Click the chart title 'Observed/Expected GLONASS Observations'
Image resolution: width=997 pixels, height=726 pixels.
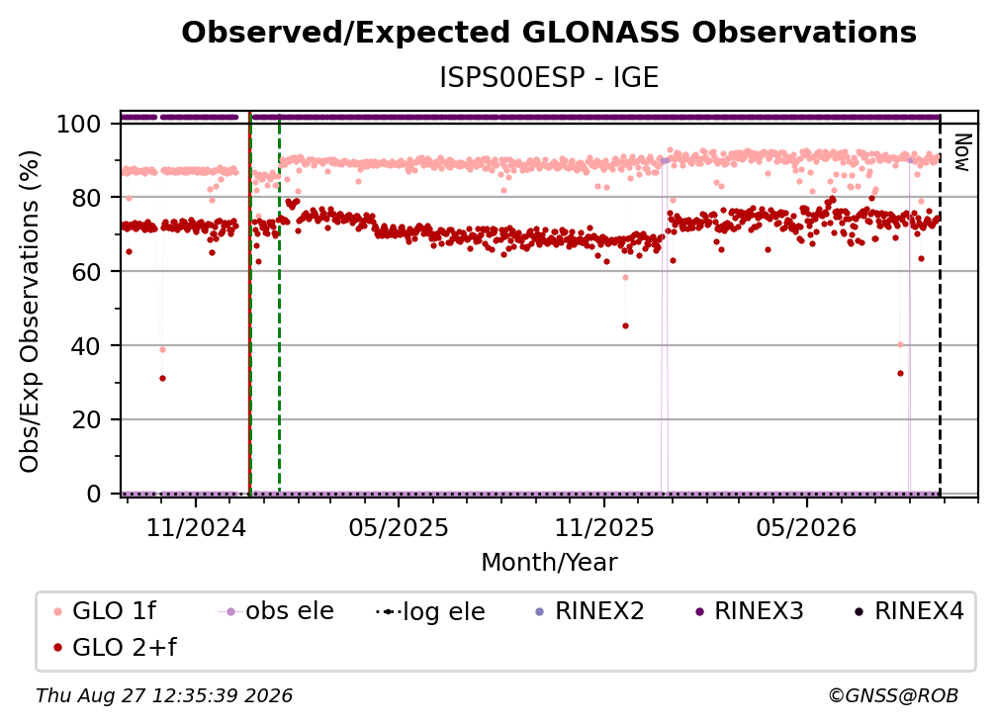click(x=549, y=33)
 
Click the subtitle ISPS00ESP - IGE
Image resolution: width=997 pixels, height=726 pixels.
click(x=549, y=77)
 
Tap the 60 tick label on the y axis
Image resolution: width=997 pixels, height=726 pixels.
click(x=86, y=271)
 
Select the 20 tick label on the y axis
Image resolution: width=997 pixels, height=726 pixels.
click(x=86, y=419)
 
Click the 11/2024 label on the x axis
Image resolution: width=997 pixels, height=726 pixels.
click(x=196, y=527)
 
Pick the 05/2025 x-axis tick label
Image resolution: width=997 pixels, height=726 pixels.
click(x=399, y=527)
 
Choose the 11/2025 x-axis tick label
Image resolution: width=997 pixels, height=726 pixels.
click(x=604, y=527)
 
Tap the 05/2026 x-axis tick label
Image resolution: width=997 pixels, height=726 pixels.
click(x=807, y=527)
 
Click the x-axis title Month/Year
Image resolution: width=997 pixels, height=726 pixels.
click(x=549, y=563)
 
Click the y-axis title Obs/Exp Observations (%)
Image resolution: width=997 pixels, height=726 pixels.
click(x=30, y=312)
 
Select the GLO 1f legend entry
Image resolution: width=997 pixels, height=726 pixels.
click(x=105, y=611)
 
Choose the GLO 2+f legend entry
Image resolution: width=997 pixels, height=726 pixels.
click(x=115, y=647)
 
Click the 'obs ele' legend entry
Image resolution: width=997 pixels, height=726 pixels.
click(x=276, y=611)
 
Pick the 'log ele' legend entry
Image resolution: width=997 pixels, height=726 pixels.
click(x=430, y=611)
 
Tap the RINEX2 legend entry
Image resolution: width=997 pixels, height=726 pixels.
click(x=590, y=611)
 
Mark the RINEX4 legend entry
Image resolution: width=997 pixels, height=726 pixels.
click(x=909, y=611)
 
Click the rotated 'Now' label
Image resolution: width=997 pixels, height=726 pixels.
click(x=962, y=152)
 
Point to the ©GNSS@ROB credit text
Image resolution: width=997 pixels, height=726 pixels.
click(x=893, y=695)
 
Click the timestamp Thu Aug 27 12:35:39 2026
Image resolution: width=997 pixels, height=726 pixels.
click(x=164, y=695)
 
